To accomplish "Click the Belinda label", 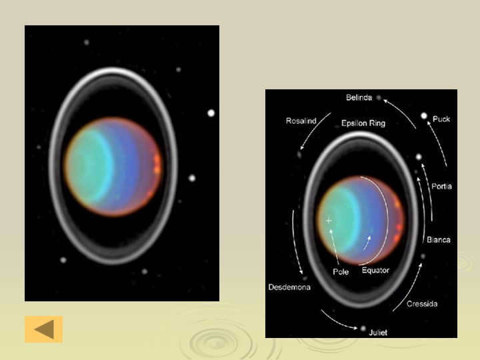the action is click(x=359, y=97).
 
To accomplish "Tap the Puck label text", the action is click(x=441, y=119).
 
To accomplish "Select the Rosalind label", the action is click(x=301, y=121).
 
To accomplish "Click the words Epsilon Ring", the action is click(x=363, y=123).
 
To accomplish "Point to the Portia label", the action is click(x=441, y=186).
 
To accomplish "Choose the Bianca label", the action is click(x=439, y=240).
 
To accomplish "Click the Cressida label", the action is click(x=422, y=304).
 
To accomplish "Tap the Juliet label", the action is click(x=378, y=333).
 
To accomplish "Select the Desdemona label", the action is click(x=289, y=287).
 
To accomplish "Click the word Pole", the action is click(x=341, y=272).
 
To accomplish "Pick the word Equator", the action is click(x=375, y=270).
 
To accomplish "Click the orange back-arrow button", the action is click(x=44, y=329).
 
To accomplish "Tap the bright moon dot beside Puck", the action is click(x=424, y=116).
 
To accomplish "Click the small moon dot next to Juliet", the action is click(x=363, y=329).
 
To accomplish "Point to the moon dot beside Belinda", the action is click(x=379, y=97).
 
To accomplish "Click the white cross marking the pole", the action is click(x=329, y=221).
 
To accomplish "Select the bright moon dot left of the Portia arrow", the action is click(x=419, y=157).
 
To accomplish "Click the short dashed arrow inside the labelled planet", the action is click(x=367, y=243).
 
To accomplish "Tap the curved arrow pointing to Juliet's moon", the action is click(x=337, y=322).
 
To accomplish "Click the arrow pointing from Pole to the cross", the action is click(x=334, y=247).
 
